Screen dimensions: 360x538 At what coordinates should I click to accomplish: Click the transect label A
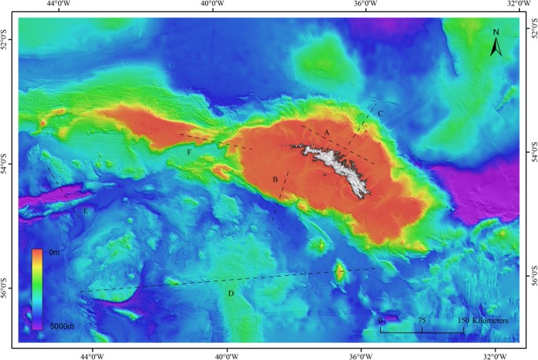pyautogui.click(x=326, y=130)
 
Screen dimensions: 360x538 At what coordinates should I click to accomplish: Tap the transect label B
pyautogui.click(x=275, y=180)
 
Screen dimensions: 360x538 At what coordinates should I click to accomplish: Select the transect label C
pyautogui.click(x=380, y=114)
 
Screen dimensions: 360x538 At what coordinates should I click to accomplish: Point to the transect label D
pyautogui.click(x=230, y=293)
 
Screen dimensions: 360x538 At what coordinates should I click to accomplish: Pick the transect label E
pyautogui.click(x=86, y=211)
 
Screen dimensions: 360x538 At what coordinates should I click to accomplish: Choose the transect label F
pyautogui.click(x=189, y=152)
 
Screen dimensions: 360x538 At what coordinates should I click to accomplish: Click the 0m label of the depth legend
pyautogui.click(x=53, y=253)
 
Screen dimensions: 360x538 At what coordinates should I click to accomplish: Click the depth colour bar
pyautogui.click(x=37, y=288)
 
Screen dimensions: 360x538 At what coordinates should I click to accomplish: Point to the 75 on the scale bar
pyautogui.click(x=422, y=321)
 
